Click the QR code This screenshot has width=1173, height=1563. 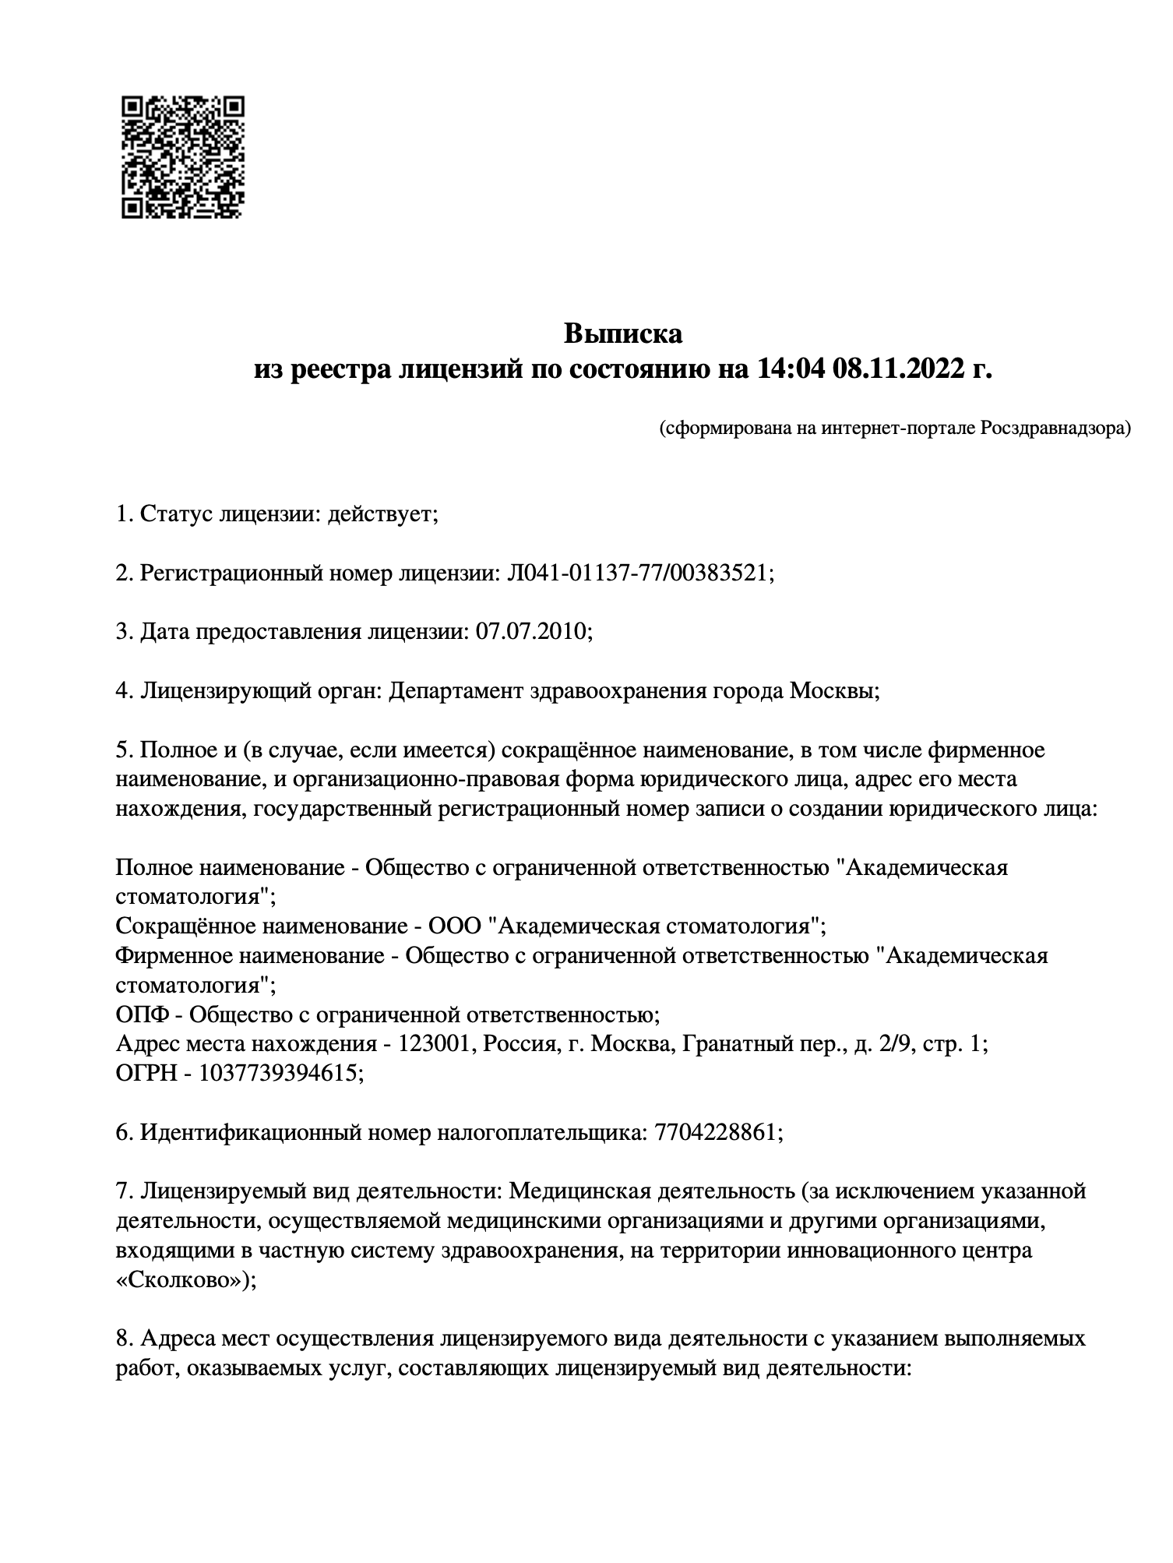(183, 157)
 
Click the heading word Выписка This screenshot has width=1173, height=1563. (622, 333)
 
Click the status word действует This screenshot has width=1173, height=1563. (382, 515)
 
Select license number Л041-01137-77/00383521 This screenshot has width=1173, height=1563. (638, 573)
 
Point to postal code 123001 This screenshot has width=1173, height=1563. (435, 1044)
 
